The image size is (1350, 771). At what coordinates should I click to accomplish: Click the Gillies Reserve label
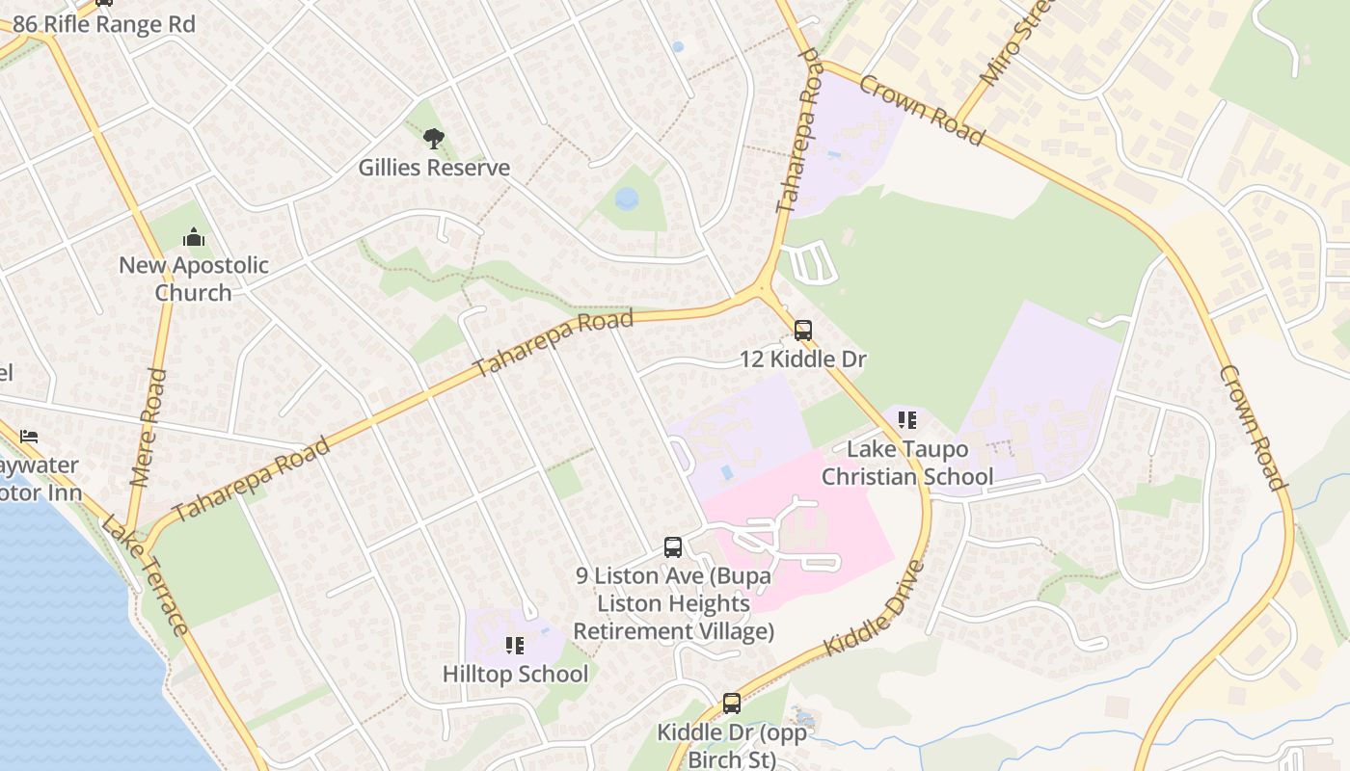[x=434, y=168]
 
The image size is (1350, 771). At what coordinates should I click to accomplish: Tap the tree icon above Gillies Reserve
[x=434, y=139]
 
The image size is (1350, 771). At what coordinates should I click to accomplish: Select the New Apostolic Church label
[x=193, y=279]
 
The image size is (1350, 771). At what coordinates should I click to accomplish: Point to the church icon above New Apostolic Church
[x=194, y=237]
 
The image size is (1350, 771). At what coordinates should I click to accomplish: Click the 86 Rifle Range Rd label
[x=104, y=24]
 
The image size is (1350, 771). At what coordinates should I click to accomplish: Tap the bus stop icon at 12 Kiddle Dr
[x=803, y=331]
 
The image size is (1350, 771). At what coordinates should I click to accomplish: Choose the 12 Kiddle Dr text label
[x=802, y=359]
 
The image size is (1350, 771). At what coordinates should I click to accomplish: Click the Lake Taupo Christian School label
[x=906, y=463]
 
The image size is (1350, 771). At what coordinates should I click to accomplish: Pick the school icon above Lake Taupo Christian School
[x=906, y=420]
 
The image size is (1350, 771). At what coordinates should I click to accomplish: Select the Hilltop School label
[x=515, y=674]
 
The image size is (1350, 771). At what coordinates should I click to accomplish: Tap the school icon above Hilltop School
[x=514, y=645]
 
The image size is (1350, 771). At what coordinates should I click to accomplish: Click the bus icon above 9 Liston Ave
[x=673, y=547]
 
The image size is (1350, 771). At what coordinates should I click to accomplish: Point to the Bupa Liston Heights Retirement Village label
[x=674, y=604]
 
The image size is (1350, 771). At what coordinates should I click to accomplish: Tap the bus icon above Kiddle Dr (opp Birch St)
[x=732, y=704]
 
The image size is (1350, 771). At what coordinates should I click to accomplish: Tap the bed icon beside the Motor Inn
[x=29, y=437]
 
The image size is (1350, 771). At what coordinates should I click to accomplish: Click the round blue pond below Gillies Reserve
[x=627, y=199]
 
